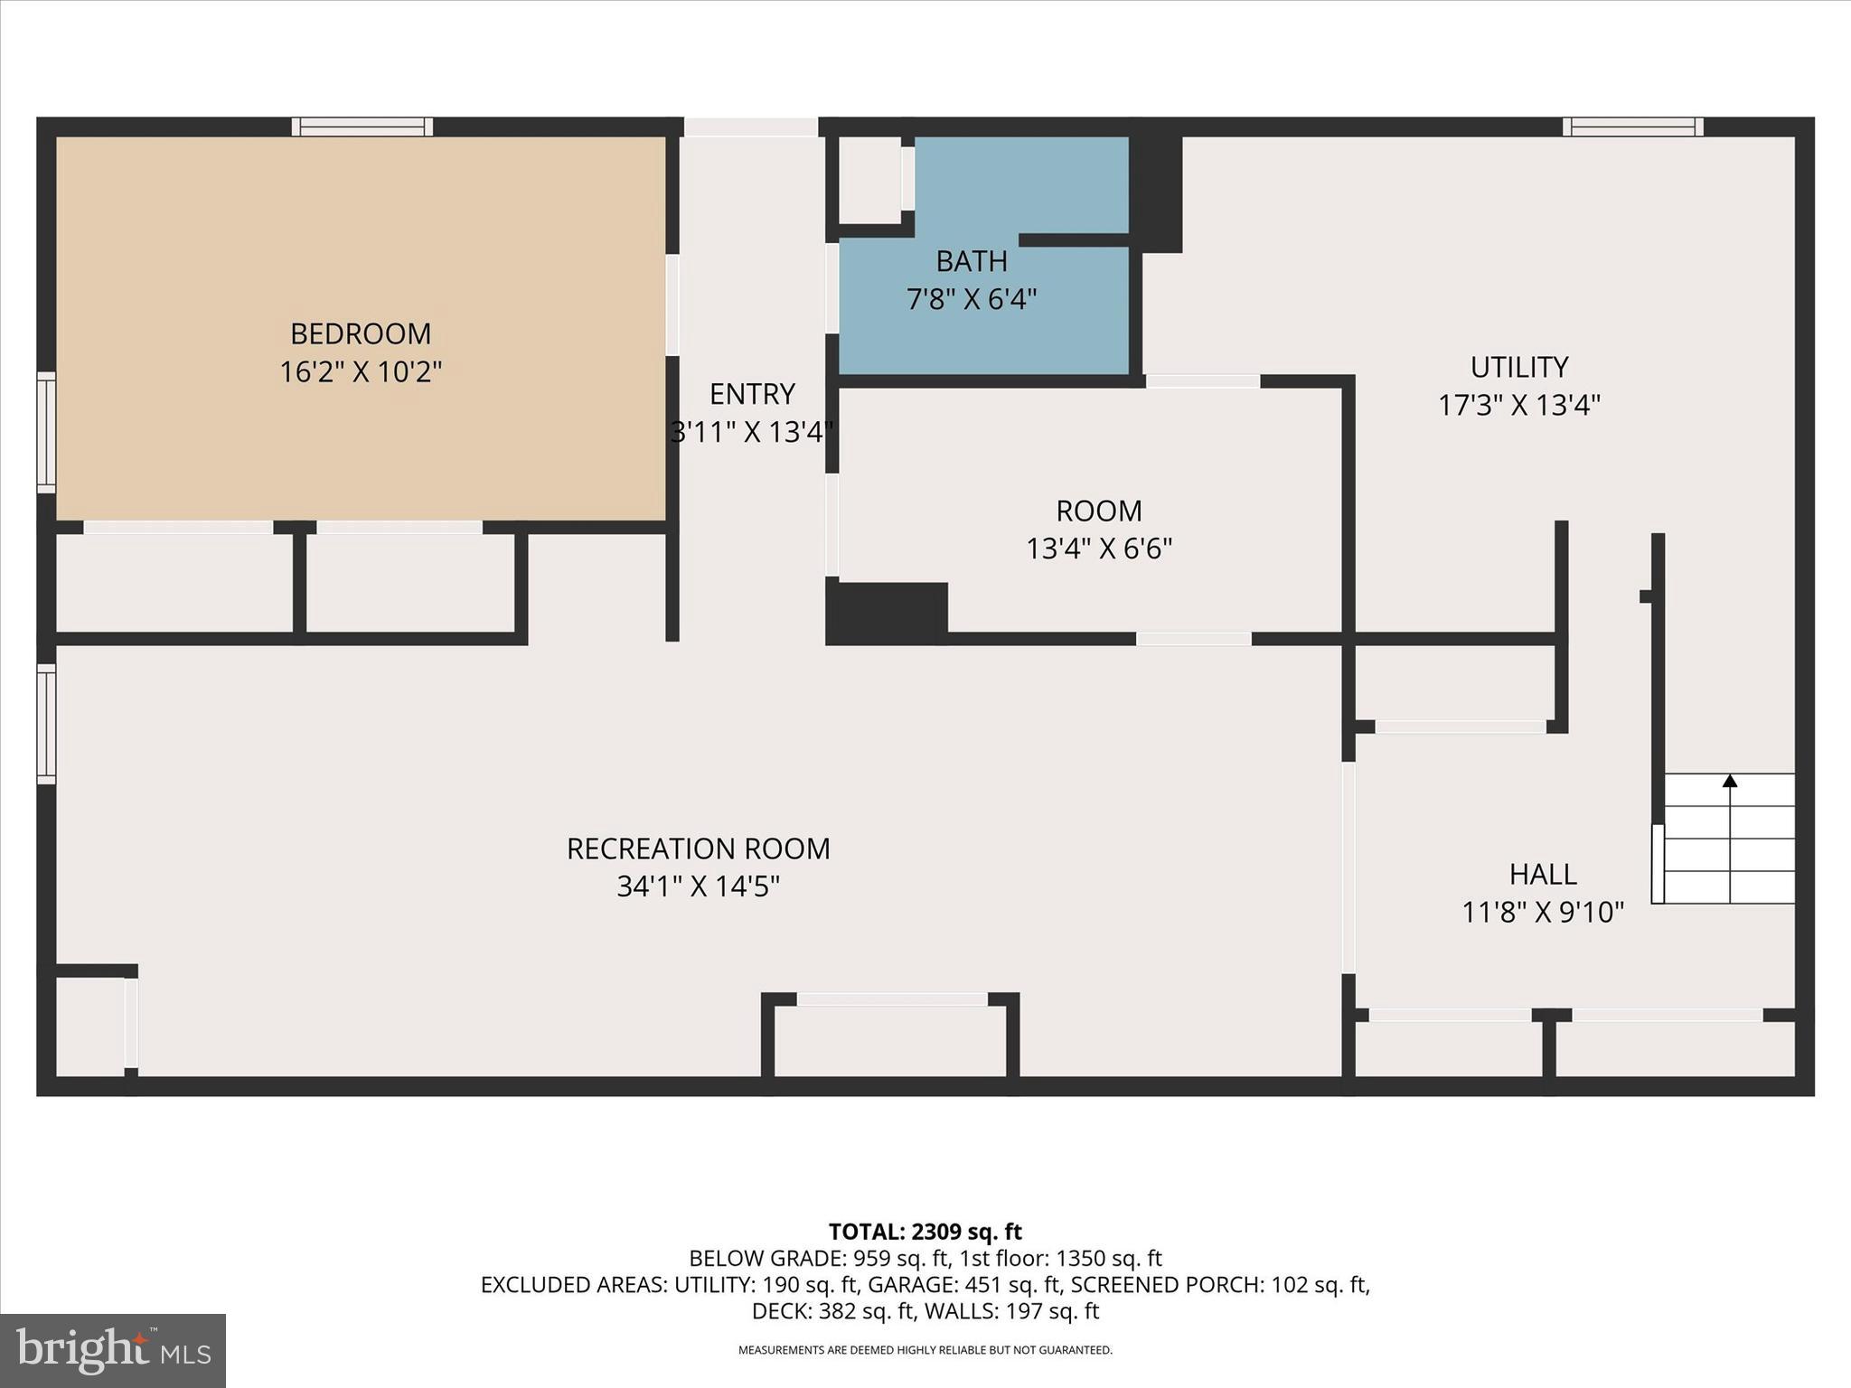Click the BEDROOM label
point(360,333)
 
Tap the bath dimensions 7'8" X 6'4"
point(972,299)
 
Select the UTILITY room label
point(1518,367)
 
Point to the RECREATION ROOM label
point(698,849)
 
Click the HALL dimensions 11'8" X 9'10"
point(1543,913)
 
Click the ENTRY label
point(751,394)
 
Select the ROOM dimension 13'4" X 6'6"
point(1098,549)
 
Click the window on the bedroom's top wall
point(362,127)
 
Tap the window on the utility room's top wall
point(1632,127)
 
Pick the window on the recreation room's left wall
point(46,723)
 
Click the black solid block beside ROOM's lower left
point(887,613)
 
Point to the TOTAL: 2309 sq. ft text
point(925,1232)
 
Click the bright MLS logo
point(113,1350)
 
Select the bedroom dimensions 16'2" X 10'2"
point(360,371)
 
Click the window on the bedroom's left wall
point(46,432)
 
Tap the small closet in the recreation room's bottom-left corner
point(90,1027)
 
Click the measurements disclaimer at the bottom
point(925,1350)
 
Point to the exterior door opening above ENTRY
point(750,127)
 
